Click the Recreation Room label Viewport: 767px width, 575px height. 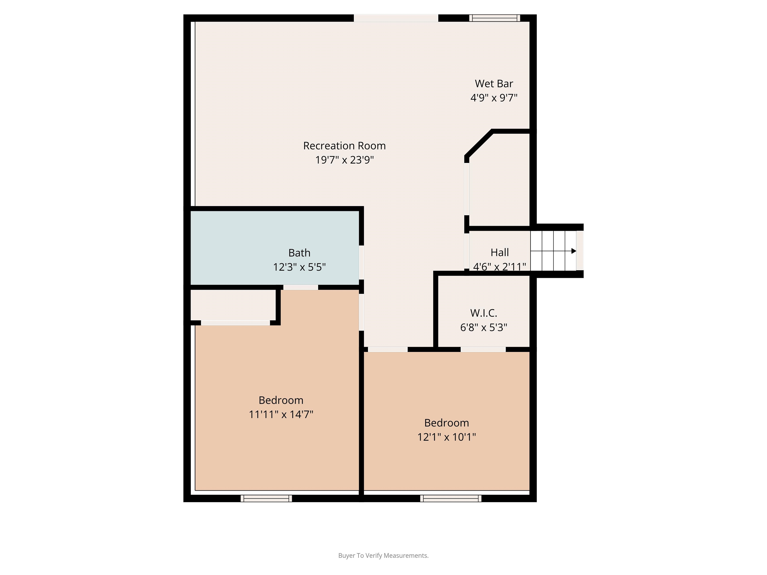click(x=344, y=145)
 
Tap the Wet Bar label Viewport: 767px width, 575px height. click(x=494, y=84)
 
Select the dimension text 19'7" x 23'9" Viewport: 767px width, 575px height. click(x=344, y=160)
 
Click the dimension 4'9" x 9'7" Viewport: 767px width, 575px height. click(x=494, y=98)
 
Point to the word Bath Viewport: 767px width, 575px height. click(x=299, y=253)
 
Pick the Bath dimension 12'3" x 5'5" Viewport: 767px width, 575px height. click(x=299, y=267)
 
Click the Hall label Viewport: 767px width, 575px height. click(x=500, y=252)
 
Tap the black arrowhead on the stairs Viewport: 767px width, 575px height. click(x=574, y=251)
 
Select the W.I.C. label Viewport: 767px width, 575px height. click(x=484, y=313)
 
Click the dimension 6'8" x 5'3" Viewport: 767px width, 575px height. click(x=484, y=327)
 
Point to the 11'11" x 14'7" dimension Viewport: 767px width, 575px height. click(x=281, y=414)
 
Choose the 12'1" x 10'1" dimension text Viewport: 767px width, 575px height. click(x=447, y=437)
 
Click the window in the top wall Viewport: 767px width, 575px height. click(x=495, y=18)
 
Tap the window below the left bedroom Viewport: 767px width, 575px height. click(x=266, y=498)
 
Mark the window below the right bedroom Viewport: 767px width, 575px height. click(x=451, y=498)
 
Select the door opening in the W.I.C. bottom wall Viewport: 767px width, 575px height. click(x=483, y=349)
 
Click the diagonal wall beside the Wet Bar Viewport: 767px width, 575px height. click(x=479, y=144)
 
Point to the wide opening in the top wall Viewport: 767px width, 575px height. click(x=396, y=18)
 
